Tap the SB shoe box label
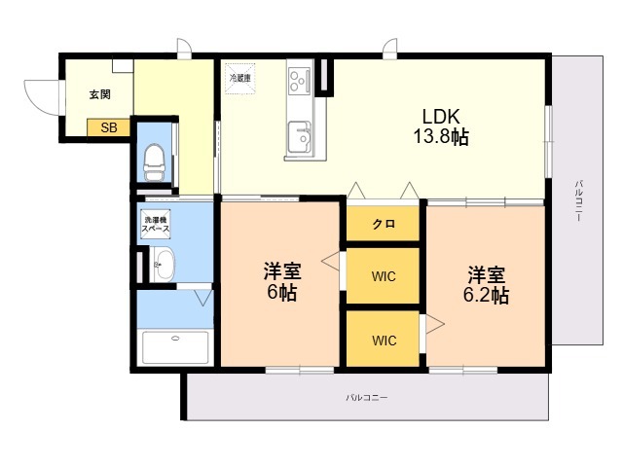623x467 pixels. pos(109,127)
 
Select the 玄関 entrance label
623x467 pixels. pos(99,94)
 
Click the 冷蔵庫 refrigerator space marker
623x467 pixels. pos(240,78)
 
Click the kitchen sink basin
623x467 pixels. pos(300,137)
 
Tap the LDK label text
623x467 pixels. pos(441,117)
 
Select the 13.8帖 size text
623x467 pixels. pos(441,137)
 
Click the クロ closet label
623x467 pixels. pos(384,224)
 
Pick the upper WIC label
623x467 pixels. pos(384,276)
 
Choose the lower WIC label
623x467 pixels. pos(385,341)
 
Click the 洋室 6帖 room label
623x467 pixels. pos(281,282)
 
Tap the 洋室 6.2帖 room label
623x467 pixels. pos(487,285)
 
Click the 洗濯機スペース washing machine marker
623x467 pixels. pos(156,225)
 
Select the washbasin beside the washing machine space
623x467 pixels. pos(163,265)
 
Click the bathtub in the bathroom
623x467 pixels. pos(175,347)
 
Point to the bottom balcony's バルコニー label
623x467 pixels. pos(366,397)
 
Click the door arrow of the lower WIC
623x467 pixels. pos(435,324)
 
